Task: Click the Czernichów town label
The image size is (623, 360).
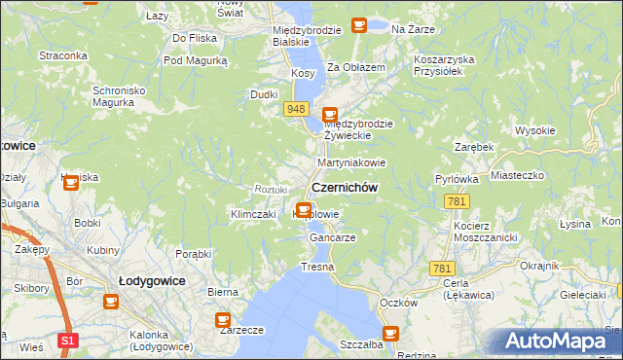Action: pos(344,187)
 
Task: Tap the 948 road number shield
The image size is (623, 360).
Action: pos(298,109)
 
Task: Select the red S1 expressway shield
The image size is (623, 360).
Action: pos(66,342)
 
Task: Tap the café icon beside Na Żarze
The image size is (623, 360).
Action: pos(359,24)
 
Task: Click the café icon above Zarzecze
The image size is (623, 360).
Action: pos(223,318)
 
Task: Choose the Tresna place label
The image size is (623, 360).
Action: pos(317,267)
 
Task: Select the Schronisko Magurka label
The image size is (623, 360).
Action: pos(119,97)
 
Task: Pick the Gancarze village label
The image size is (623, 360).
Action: pos(332,237)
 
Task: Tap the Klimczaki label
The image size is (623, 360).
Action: pos(254,214)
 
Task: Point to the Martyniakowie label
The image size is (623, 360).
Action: pos(351,162)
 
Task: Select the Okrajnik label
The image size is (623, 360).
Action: pos(539,266)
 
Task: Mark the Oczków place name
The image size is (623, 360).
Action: pos(399,303)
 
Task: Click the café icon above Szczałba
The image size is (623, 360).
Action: pos(390,334)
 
